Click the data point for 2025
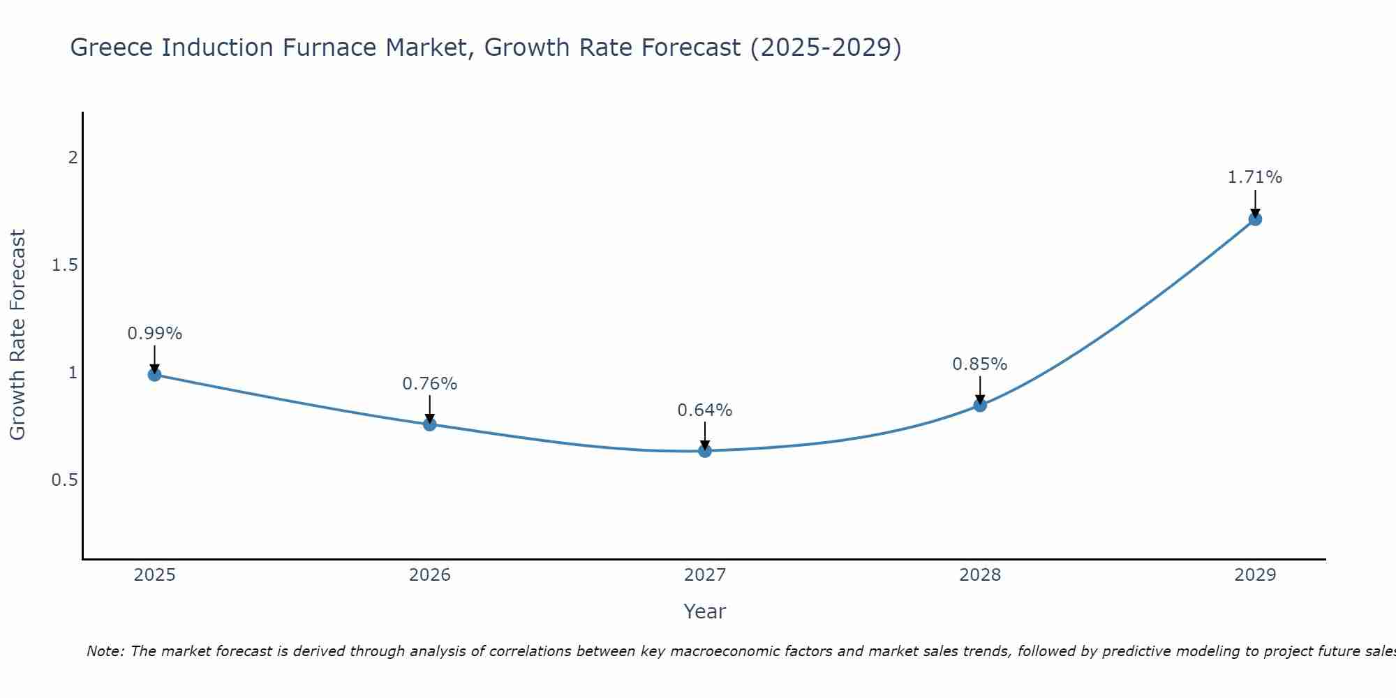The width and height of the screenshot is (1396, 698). pyautogui.click(x=154, y=375)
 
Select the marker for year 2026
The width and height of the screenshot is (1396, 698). pyautogui.click(x=430, y=424)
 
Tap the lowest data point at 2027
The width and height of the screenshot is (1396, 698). pyautogui.click(x=705, y=451)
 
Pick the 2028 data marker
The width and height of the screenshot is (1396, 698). pyautogui.click(x=980, y=405)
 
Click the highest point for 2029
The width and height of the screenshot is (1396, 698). pyautogui.click(x=1255, y=219)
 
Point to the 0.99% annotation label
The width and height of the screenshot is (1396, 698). pyautogui.click(x=154, y=334)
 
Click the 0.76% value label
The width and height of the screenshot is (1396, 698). pyautogui.click(x=430, y=384)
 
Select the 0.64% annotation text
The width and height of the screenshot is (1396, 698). pyautogui.click(x=705, y=410)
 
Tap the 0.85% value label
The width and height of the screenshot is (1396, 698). pyautogui.click(x=980, y=364)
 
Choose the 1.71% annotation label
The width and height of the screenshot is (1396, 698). pyautogui.click(x=1255, y=177)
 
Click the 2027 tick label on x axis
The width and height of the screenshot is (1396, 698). pyautogui.click(x=705, y=575)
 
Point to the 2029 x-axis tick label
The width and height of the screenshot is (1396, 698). pyautogui.click(x=1255, y=575)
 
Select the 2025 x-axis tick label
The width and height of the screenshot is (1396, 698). pyautogui.click(x=154, y=575)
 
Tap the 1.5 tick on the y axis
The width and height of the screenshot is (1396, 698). pyautogui.click(x=65, y=265)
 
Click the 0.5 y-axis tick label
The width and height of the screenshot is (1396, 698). pyautogui.click(x=65, y=480)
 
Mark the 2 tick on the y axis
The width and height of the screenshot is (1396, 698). pyautogui.click(x=73, y=158)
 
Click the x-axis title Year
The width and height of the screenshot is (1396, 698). pyautogui.click(x=705, y=611)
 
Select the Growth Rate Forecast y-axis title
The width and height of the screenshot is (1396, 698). pyautogui.click(x=17, y=335)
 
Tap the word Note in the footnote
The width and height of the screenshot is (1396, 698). pyautogui.click(x=104, y=651)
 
